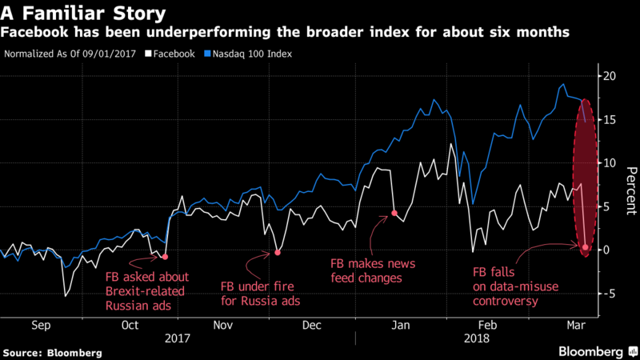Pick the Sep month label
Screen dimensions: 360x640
pyautogui.click(x=42, y=326)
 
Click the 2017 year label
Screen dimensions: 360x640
pyautogui.click(x=178, y=338)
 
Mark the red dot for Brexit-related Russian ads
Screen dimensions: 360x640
pyautogui.click(x=165, y=257)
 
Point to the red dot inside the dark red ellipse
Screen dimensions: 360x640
pyautogui.click(x=586, y=247)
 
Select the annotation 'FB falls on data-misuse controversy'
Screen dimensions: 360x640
pyautogui.click(x=512, y=287)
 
